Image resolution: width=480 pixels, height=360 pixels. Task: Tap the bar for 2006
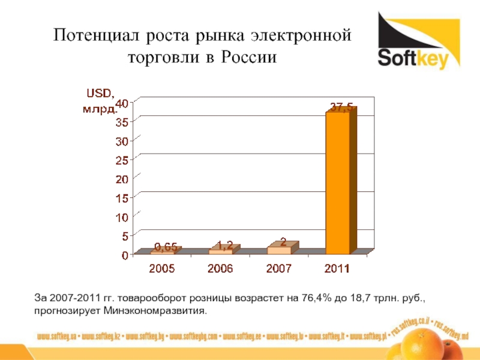pos(221,251)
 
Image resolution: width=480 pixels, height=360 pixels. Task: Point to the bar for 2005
pos(163,253)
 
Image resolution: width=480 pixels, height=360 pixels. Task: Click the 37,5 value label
pos(340,107)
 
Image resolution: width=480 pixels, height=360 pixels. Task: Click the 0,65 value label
pos(166,247)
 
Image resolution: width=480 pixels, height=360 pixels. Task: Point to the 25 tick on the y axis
pos(122,160)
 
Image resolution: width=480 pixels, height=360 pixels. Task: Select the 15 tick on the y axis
pos(122,198)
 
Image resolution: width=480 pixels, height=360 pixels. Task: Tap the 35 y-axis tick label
pos(122,122)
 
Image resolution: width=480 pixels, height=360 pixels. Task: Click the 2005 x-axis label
pos(162,269)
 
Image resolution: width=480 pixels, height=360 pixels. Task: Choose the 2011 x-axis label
pos(337,269)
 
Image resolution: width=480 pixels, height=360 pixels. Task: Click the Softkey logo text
pos(418,58)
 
